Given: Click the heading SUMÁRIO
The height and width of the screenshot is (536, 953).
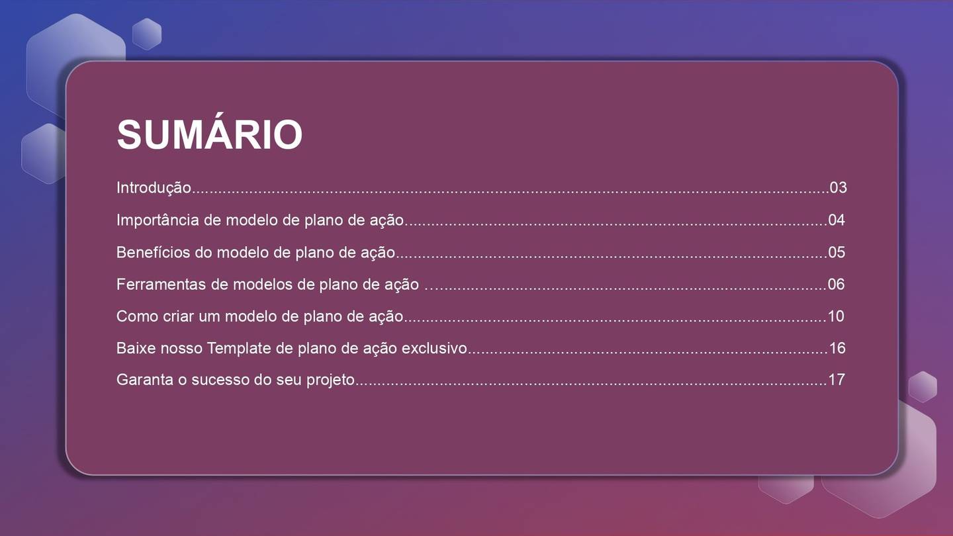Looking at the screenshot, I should point(209,134).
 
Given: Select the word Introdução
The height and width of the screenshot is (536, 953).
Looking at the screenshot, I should point(154,188).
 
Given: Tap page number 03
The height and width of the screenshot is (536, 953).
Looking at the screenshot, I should point(838,187).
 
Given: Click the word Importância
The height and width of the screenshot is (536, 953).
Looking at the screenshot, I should point(158,220).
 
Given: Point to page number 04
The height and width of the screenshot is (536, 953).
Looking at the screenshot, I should point(837,220).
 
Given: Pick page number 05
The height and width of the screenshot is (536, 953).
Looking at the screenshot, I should point(837,252).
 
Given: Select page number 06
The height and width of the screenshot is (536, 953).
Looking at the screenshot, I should point(837,285).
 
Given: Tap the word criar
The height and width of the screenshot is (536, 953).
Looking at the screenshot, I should point(179,316).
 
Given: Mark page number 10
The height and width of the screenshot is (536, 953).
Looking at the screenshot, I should point(836,316).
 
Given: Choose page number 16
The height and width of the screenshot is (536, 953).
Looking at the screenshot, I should point(837,348).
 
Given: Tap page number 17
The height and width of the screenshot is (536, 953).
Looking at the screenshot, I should point(837,380).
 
